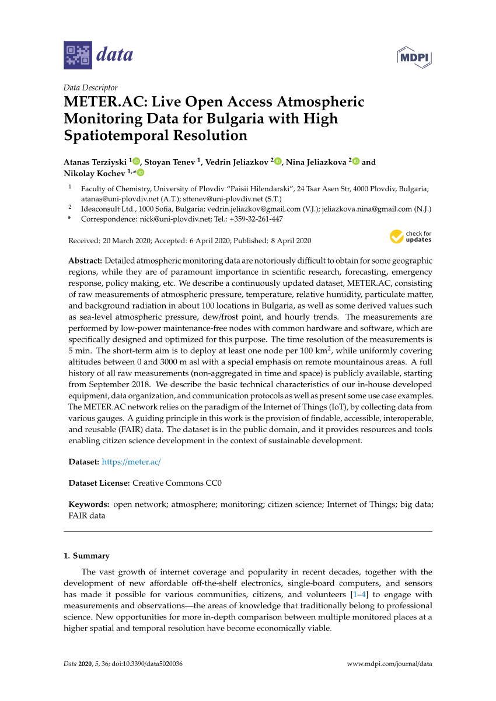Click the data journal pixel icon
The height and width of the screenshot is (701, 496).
[x=78, y=55]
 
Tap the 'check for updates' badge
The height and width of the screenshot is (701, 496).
[x=411, y=236]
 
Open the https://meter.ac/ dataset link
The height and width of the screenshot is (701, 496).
[x=131, y=461]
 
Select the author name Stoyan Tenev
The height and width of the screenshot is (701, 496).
[x=170, y=162]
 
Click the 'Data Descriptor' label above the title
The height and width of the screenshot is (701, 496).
[x=90, y=87]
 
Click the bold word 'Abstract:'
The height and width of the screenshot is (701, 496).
[x=86, y=261]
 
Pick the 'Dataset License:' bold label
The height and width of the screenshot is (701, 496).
[x=99, y=483]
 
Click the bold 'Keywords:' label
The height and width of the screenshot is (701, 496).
[x=89, y=504]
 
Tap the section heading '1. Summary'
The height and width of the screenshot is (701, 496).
[x=86, y=556]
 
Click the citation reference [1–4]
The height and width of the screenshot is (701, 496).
[x=358, y=594]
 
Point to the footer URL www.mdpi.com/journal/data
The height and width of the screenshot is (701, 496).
[x=389, y=664]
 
